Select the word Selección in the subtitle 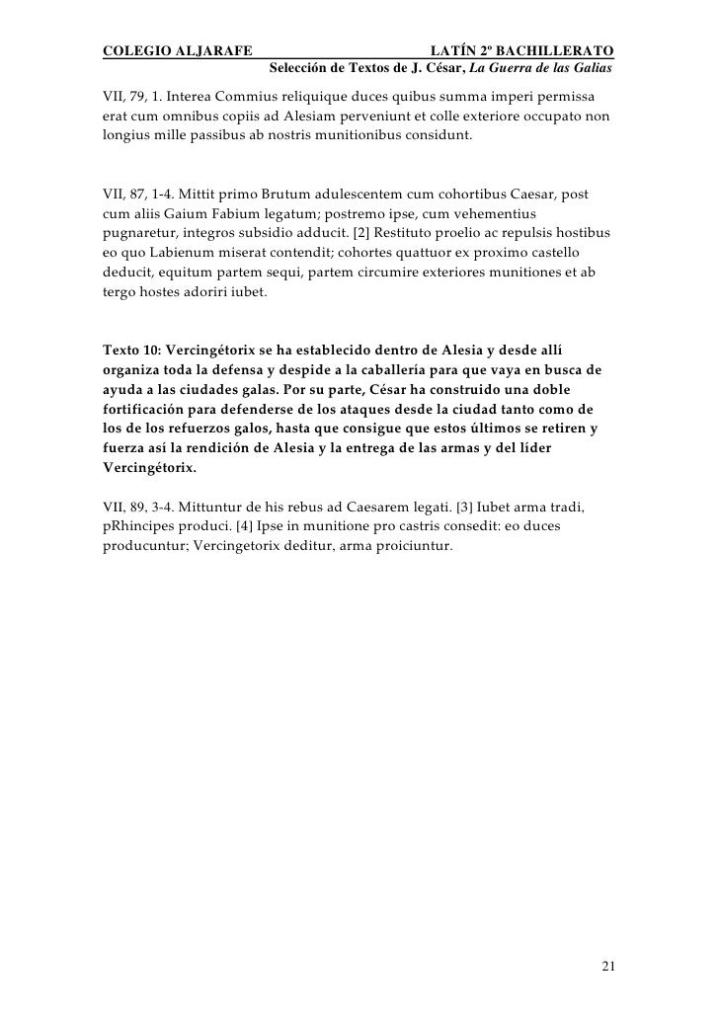tap(299, 69)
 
